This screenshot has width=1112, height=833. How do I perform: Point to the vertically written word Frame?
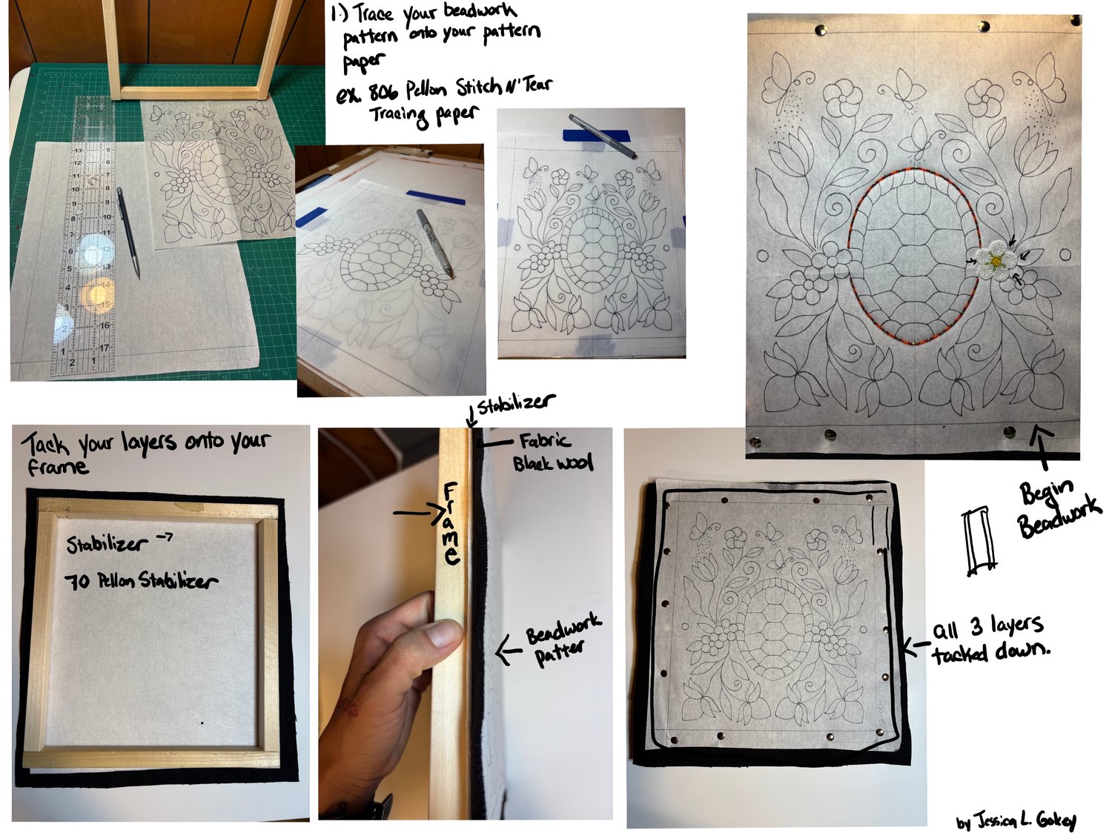tap(451, 524)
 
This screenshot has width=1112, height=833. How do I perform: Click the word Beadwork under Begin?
tap(1059, 517)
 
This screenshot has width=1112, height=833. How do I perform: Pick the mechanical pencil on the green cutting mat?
tap(128, 233)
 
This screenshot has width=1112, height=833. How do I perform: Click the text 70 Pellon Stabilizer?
tap(142, 581)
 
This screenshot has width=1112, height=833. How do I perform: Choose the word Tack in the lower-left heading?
tap(45, 444)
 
